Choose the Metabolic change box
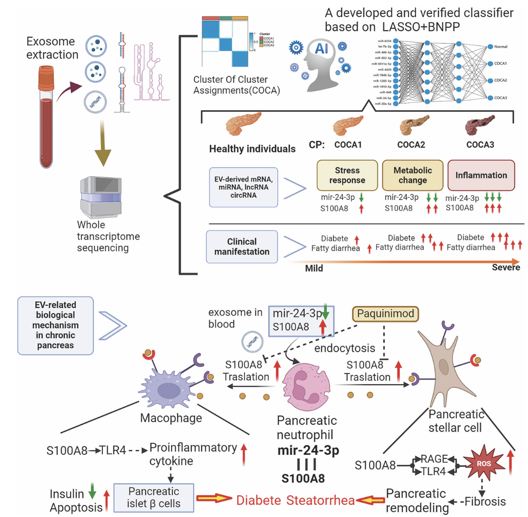pos(412,176)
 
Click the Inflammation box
pos(480,175)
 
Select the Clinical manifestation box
pos(241,247)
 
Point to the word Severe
pos(506,267)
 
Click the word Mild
pos(314,268)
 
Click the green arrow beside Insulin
pos(91,493)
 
